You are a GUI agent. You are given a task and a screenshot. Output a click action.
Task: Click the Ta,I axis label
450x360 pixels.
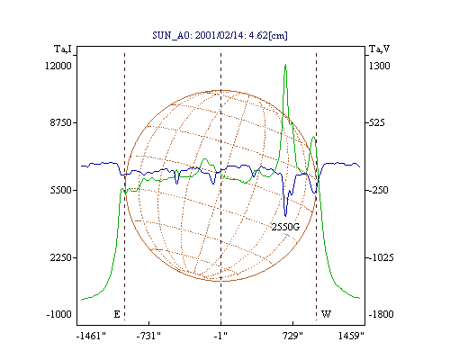click(63, 49)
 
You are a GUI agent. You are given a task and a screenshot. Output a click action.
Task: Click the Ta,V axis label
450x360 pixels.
click(379, 49)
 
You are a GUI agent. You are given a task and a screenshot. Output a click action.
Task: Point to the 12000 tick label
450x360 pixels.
click(58, 66)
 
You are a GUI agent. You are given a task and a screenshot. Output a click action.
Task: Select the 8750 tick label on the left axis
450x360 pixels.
click(61, 122)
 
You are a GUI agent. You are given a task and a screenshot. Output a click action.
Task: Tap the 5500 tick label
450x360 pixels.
click(61, 190)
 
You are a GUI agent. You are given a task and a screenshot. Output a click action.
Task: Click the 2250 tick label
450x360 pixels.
click(61, 257)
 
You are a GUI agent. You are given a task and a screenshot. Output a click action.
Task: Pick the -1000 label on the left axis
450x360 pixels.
click(59, 314)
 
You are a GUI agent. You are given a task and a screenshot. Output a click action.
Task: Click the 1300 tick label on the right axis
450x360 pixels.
click(379, 66)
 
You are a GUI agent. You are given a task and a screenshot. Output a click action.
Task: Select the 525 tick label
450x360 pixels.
click(376, 122)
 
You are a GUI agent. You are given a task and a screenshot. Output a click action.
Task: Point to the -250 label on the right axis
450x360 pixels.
click(378, 190)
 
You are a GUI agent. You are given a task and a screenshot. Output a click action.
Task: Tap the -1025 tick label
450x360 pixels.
click(381, 257)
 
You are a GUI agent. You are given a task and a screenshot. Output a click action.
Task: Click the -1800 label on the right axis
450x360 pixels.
click(381, 314)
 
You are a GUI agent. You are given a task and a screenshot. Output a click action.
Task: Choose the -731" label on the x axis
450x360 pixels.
click(148, 336)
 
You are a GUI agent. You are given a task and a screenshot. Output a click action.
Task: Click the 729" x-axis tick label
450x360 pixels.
click(292, 336)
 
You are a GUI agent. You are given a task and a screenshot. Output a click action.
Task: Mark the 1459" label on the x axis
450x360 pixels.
click(351, 336)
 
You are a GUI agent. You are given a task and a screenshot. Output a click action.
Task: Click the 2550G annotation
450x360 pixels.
click(285, 227)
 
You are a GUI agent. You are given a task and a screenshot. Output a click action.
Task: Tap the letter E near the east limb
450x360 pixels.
click(117, 314)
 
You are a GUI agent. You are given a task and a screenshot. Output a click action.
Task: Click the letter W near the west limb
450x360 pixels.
click(326, 314)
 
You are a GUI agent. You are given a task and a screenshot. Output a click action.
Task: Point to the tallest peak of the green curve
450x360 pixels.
click(285, 64)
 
